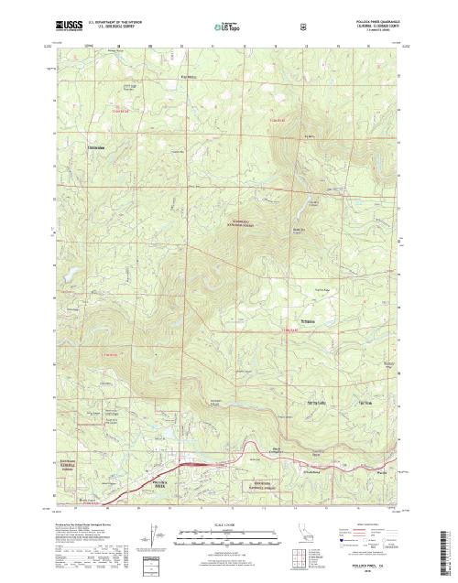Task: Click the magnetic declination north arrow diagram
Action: [149, 538]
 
